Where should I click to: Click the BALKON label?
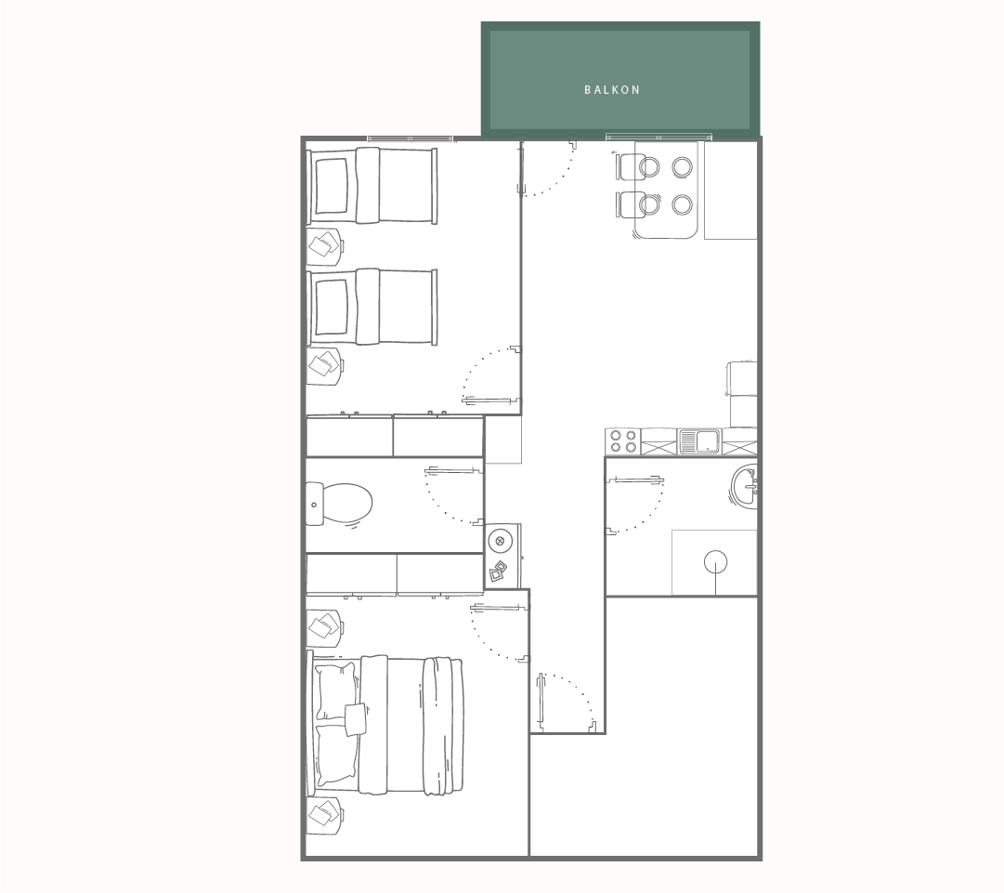coord(612,90)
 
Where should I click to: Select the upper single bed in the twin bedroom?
coord(372,186)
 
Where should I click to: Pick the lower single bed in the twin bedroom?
coord(372,307)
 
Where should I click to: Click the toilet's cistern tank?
coord(315,505)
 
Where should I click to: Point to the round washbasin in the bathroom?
coord(744,485)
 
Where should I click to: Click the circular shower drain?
coord(715,562)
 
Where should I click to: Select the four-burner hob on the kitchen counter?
coord(623,441)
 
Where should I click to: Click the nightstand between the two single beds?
coord(325,245)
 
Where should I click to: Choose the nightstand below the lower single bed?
coord(325,366)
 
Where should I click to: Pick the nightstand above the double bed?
coord(325,628)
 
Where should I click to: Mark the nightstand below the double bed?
coord(325,816)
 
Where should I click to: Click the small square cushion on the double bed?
coord(356,718)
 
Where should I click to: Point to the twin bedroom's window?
coord(410,138)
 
